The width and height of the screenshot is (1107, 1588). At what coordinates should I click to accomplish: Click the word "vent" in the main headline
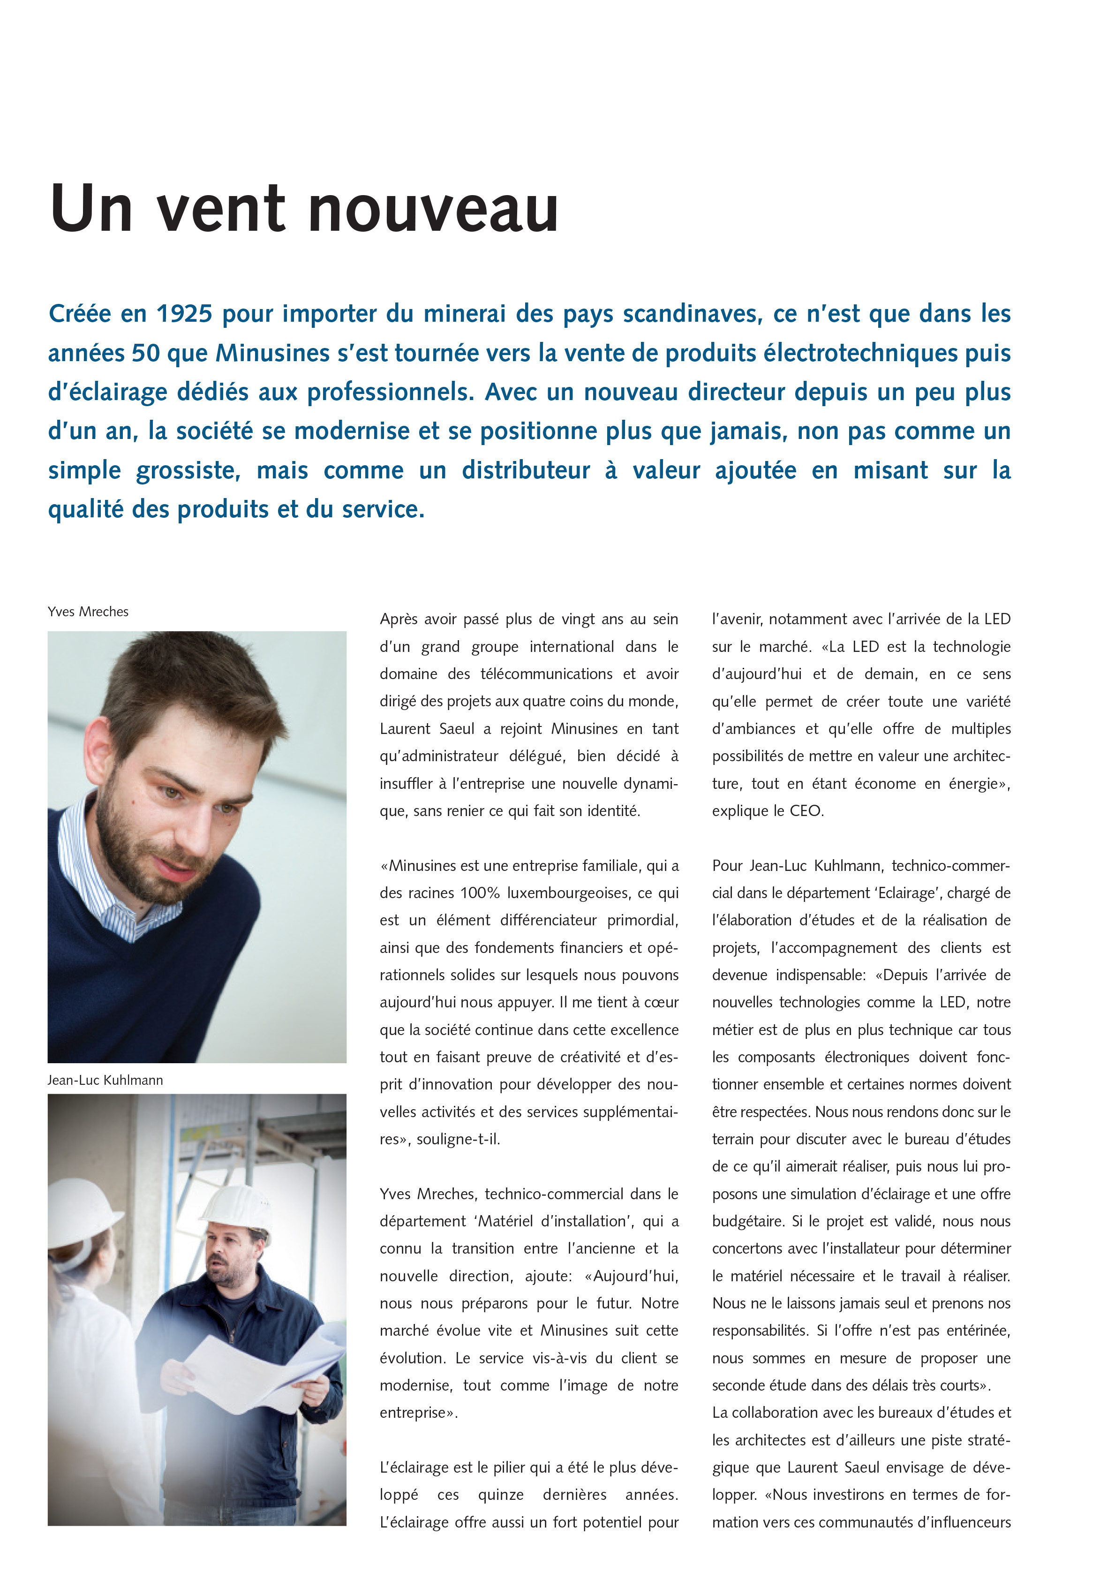click(x=220, y=209)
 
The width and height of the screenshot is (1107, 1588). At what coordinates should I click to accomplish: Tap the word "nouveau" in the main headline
click(x=432, y=209)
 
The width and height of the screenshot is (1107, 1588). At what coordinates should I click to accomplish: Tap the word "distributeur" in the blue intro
click(x=526, y=471)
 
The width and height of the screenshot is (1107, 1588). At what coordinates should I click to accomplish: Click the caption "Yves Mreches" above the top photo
click(x=88, y=612)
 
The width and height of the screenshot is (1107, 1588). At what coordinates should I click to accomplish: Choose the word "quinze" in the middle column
click(x=501, y=1495)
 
